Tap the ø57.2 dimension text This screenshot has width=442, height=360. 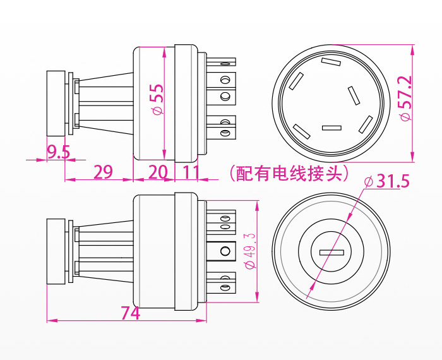[x=405, y=98]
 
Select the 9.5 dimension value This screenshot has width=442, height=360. [x=58, y=152]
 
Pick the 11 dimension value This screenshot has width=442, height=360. [x=190, y=172]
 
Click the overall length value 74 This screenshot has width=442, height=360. [x=130, y=313]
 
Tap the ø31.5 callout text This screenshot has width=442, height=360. [x=387, y=182]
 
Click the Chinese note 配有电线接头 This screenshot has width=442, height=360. [x=290, y=172]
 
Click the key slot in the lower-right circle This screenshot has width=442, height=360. [x=332, y=253]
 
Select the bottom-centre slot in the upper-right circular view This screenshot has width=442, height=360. [x=331, y=128]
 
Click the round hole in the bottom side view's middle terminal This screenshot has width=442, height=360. [x=224, y=253]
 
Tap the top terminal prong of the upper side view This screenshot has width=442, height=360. [x=227, y=63]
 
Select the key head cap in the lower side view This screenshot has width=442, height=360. [x=56, y=253]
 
